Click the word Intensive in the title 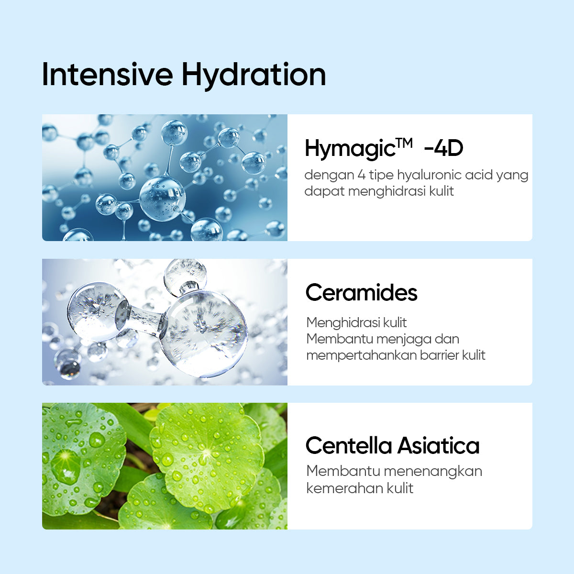coord(107,75)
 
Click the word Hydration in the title coord(254,77)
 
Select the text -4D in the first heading coord(443,148)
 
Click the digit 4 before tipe coord(361,175)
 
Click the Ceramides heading coord(361,293)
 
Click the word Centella coord(348,446)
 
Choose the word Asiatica coord(438,446)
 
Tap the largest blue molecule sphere coord(162,198)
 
